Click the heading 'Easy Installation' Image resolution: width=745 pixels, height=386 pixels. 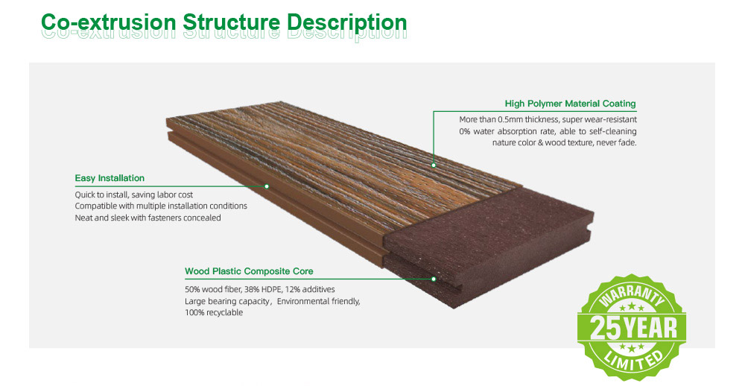110,178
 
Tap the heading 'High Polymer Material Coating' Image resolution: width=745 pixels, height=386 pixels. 570,104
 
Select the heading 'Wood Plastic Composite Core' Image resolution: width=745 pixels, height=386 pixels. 249,271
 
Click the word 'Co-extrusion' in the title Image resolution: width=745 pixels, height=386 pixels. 108,22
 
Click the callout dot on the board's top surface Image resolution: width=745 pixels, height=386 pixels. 434,165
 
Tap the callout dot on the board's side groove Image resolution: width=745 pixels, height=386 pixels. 267,186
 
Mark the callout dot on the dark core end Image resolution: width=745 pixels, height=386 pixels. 434,279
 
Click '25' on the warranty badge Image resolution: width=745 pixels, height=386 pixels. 605,328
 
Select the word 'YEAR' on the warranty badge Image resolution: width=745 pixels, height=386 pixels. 650,328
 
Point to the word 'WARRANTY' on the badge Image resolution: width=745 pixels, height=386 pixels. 632,295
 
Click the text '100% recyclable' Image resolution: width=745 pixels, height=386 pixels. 214,313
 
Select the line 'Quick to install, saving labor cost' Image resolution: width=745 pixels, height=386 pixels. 134,195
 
